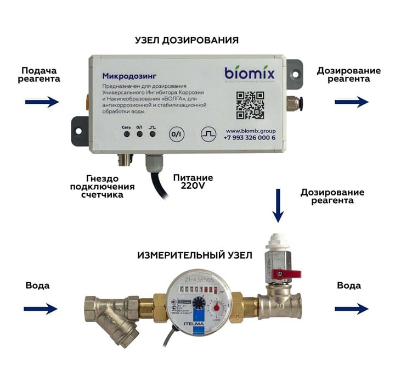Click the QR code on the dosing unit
point(250,105)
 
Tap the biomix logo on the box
point(249,73)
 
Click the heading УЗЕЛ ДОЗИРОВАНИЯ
point(187,40)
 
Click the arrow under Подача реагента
point(42,102)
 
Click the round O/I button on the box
point(176,133)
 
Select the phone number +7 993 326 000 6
point(250,138)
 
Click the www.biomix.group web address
point(250,131)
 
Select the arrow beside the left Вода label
point(41,309)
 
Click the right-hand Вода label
point(349,286)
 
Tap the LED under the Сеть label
point(127,133)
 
